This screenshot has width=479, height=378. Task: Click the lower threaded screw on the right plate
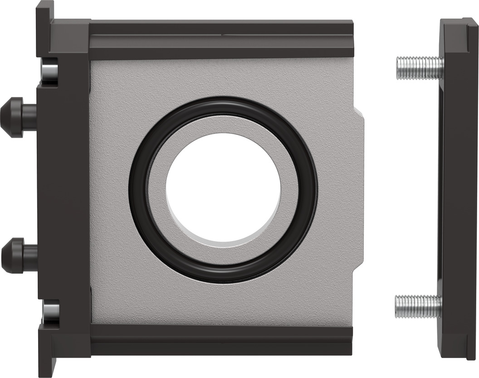click(x=416, y=306)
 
